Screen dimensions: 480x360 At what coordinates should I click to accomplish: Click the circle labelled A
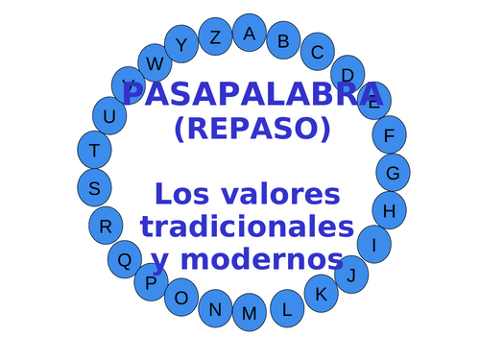point(250,33)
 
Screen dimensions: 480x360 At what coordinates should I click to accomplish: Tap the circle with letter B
point(283,40)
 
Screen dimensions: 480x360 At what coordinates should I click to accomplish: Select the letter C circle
point(317,52)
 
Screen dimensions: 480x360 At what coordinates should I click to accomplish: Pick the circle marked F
point(389,135)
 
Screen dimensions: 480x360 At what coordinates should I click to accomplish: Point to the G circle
point(393,173)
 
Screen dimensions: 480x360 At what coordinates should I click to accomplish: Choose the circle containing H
point(389,209)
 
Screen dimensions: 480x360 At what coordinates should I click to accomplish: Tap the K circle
point(321,293)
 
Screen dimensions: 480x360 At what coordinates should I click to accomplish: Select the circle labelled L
point(286,308)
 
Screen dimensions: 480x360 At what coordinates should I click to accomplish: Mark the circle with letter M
point(250,313)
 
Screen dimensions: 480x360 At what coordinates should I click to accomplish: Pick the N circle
point(215,308)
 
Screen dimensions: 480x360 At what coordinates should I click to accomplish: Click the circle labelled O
point(181,298)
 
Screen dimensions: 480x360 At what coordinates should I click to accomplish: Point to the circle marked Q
point(125,258)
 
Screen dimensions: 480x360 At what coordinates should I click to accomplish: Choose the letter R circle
point(106,226)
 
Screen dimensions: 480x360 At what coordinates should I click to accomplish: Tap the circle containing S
point(94,188)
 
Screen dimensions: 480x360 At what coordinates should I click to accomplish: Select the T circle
point(94,150)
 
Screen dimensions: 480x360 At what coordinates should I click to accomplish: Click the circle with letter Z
point(215,37)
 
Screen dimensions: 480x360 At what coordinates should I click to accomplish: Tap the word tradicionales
point(247,227)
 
